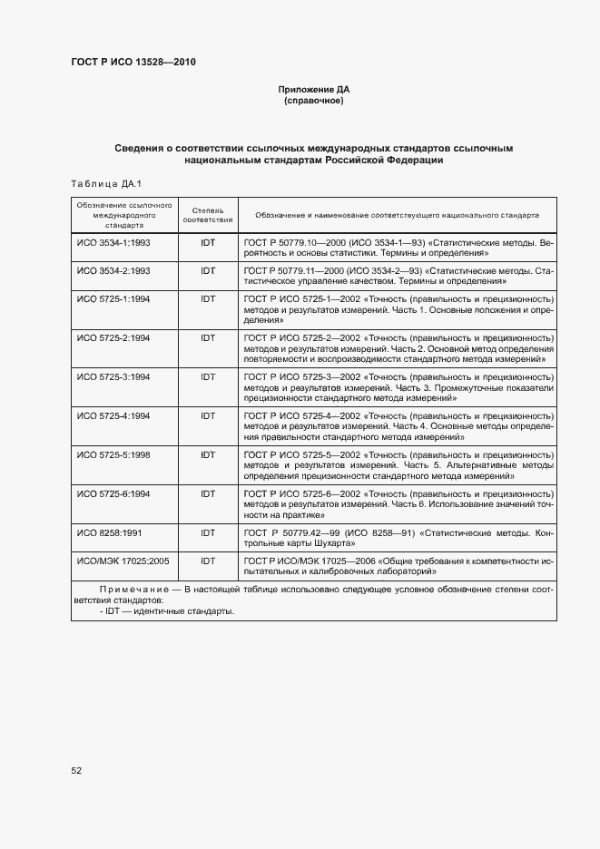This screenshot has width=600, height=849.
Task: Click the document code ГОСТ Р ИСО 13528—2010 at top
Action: pos(133,62)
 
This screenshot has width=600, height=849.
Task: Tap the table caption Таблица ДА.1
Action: pos(106,184)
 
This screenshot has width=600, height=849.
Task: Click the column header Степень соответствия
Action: pos(208,215)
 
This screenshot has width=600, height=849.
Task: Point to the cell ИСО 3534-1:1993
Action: pos(113,245)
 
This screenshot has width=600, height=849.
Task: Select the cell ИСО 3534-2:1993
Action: pos(113,271)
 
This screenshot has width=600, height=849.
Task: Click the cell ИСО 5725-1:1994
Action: pos(113,298)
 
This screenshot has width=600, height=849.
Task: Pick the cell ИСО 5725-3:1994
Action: pos(113,376)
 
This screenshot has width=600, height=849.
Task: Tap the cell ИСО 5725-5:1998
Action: pos(113,454)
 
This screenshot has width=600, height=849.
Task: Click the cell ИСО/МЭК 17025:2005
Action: pos(123,561)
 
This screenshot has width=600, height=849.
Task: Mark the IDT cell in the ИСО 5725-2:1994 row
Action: pos(208,337)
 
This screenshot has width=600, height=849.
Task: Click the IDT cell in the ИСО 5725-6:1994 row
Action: pos(208,493)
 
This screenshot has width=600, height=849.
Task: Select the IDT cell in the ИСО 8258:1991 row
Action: pos(208,533)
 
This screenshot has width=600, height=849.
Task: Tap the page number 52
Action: pos(76,771)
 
